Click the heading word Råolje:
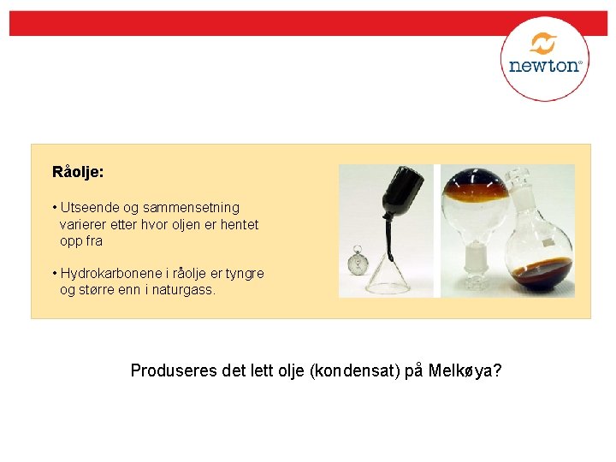[x=78, y=172]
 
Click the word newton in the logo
[x=544, y=65]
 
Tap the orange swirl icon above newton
[x=543, y=44]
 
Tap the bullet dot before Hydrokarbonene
[x=54, y=274]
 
